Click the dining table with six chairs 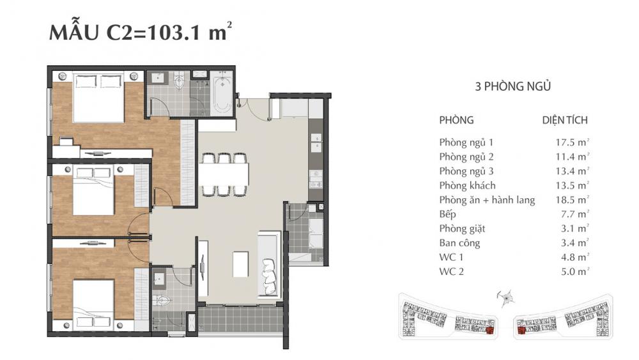223,173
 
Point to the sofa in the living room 268,263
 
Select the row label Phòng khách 467,185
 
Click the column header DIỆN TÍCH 564,120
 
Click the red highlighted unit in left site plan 490,331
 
